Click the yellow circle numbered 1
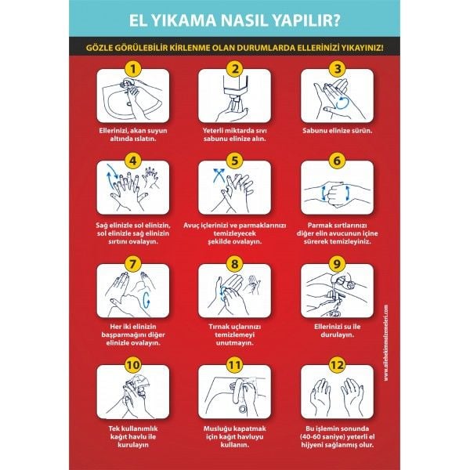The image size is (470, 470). click(x=132, y=68)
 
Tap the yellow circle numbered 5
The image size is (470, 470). click(x=233, y=161)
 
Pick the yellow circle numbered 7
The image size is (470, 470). click(x=132, y=263)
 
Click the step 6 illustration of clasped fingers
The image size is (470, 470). click(x=335, y=192)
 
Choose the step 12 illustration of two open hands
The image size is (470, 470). click(x=335, y=395)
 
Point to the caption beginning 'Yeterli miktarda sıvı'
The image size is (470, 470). click(x=234, y=134)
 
